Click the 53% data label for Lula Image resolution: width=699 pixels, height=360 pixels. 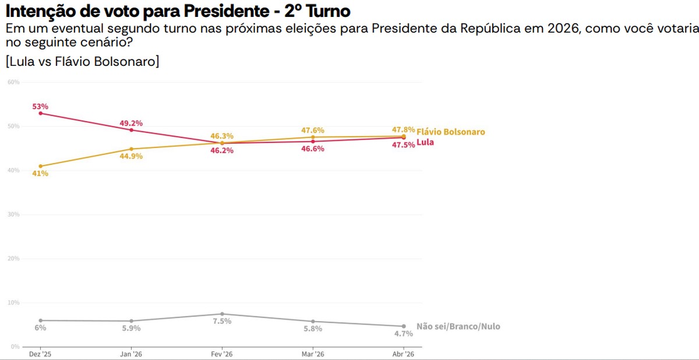(x=40, y=107)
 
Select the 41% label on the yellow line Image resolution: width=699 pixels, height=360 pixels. (x=40, y=174)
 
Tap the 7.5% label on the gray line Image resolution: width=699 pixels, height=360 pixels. (x=222, y=321)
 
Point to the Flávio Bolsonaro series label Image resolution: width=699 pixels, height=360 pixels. (x=450, y=132)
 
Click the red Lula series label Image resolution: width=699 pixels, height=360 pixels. (x=425, y=142)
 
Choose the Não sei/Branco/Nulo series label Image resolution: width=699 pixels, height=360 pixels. (x=458, y=327)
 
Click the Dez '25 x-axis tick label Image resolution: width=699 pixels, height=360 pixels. (x=40, y=354)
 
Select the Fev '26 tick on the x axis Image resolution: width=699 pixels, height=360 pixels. (x=222, y=354)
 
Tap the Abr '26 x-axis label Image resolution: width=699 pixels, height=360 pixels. (x=403, y=354)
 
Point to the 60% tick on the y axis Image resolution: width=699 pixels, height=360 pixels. (x=13, y=82)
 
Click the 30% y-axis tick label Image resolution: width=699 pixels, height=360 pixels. (x=13, y=214)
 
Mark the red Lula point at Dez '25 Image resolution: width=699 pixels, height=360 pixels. (x=40, y=113)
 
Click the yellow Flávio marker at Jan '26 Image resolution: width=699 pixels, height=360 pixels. (x=131, y=149)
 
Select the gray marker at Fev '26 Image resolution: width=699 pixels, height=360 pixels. (x=222, y=314)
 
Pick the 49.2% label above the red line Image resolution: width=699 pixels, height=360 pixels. (x=131, y=123)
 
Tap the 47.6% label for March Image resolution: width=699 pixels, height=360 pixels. (x=313, y=130)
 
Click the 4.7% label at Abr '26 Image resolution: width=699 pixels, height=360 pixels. (x=403, y=334)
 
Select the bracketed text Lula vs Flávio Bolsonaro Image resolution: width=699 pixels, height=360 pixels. (x=82, y=61)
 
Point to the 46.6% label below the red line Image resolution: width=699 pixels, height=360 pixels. (x=313, y=149)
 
